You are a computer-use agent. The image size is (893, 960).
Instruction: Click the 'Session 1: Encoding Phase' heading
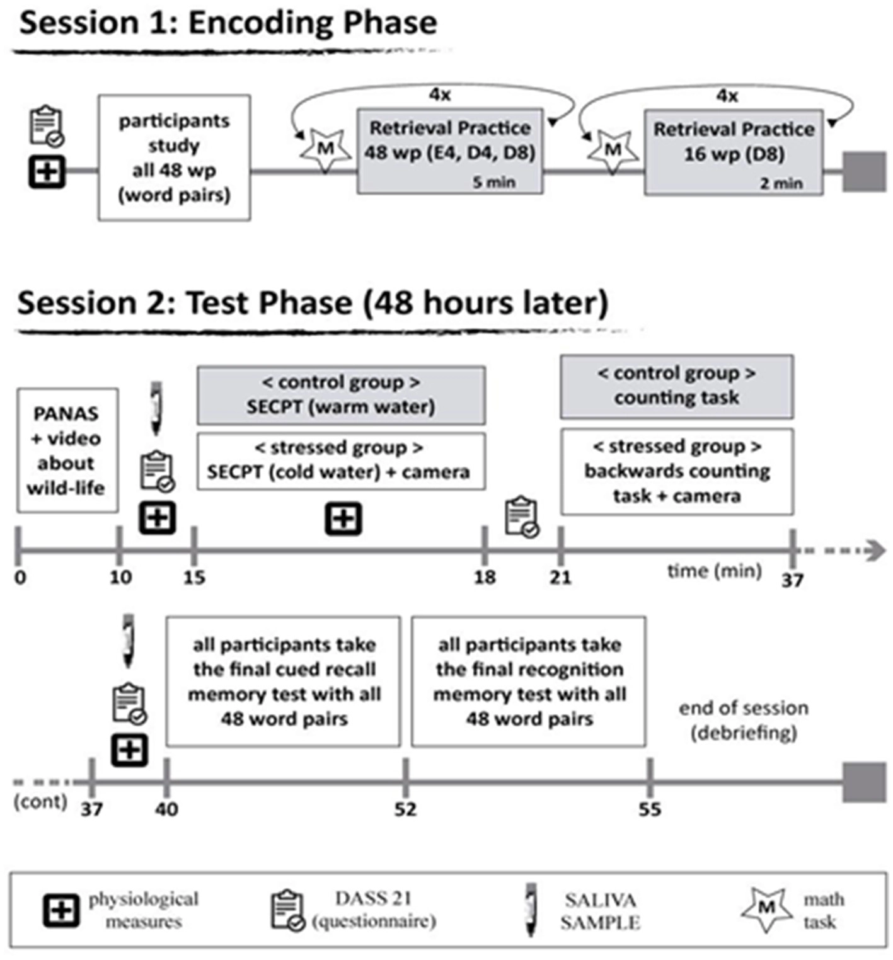[x=228, y=23]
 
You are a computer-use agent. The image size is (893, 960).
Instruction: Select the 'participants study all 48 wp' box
[x=174, y=157]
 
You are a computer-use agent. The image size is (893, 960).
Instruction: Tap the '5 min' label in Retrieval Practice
[x=494, y=183]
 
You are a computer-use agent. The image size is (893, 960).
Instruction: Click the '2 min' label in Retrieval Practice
[x=781, y=183]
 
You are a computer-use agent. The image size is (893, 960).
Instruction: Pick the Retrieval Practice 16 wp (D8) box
[x=734, y=152]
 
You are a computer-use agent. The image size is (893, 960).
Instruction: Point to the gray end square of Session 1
[x=865, y=171]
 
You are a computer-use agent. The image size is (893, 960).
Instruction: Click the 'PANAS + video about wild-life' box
[x=67, y=450]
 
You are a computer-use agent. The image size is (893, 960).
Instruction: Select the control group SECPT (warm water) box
[x=341, y=395]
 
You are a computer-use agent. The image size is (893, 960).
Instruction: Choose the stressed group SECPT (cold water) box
[x=341, y=461]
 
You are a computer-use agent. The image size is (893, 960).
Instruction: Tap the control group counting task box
[x=677, y=387]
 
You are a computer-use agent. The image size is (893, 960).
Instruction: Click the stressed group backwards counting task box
[x=677, y=472]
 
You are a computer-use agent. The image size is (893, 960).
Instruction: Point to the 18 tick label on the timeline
[x=485, y=577]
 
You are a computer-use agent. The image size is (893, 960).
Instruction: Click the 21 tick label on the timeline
[x=560, y=577]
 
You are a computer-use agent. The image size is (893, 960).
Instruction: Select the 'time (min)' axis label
[x=715, y=571]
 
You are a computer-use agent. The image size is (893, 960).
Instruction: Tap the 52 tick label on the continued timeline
[x=405, y=809]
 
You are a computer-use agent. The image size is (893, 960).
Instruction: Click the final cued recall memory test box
[x=283, y=682]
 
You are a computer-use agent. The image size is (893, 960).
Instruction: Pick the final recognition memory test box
[x=529, y=682]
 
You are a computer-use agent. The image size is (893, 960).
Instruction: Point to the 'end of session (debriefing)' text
[x=744, y=720]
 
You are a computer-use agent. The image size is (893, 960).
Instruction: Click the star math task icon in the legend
[x=766, y=909]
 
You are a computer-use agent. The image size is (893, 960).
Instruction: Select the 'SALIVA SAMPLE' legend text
[x=600, y=911]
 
